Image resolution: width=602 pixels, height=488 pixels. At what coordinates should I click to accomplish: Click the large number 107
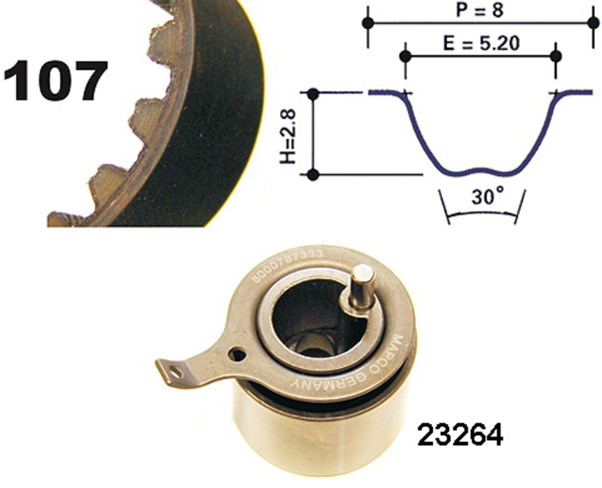tap(56, 80)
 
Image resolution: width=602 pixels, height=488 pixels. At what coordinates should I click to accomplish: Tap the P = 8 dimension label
tap(480, 10)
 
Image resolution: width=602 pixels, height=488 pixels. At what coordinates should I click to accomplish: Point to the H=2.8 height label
tap(288, 136)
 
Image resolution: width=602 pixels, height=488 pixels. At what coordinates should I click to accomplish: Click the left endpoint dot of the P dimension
tap(368, 23)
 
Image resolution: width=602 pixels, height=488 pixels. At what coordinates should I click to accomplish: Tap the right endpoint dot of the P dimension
tap(593, 23)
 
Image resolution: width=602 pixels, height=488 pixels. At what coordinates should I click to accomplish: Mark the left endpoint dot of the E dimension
tap(406, 56)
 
